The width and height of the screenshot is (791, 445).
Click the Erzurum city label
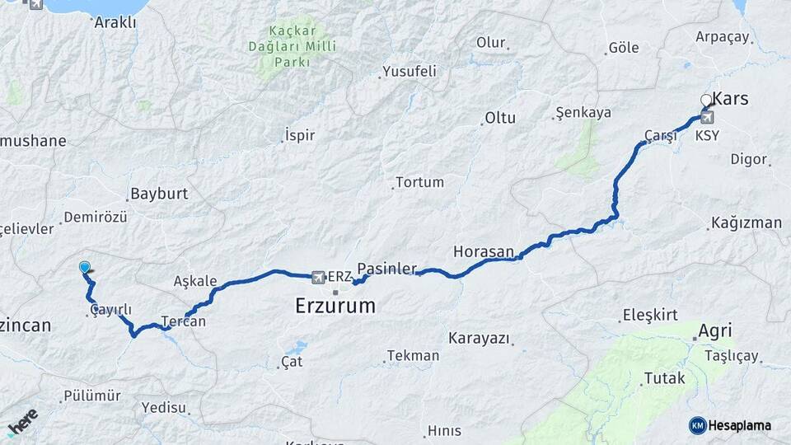tap(335, 306)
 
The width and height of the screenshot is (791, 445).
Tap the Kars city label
tap(730, 99)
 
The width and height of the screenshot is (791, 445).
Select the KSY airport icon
tap(706, 117)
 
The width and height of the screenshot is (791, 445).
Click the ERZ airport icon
tap(319, 276)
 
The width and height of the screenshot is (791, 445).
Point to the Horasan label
tap(484, 251)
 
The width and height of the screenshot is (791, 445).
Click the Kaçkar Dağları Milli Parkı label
tap(293, 44)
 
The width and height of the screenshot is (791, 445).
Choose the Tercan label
tap(183, 321)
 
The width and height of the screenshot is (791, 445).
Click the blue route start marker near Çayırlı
tap(84, 267)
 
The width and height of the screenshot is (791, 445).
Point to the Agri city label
tap(714, 331)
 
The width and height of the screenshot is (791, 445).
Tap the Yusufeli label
tap(410, 72)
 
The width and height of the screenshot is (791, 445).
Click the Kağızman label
tap(747, 222)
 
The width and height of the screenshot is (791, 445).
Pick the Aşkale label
tap(195, 281)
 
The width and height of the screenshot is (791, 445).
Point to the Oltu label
tap(500, 118)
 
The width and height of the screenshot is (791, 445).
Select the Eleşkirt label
tap(650, 314)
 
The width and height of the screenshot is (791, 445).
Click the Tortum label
tap(419, 182)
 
